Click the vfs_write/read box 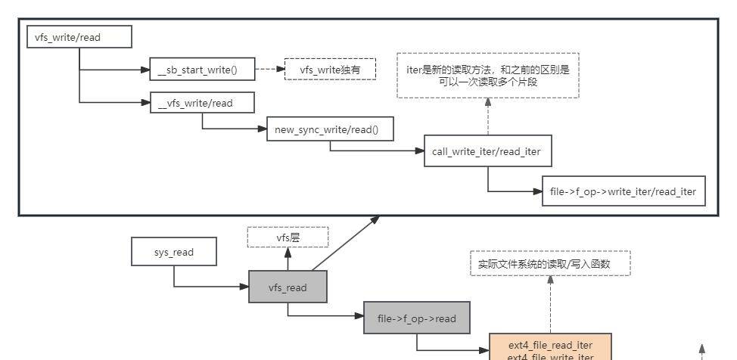click(79, 37)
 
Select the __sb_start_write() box click(201, 70)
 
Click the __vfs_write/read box click(201, 103)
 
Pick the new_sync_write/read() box click(330, 129)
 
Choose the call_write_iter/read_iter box click(487, 151)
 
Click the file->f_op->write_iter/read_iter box click(623, 191)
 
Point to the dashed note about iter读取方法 click(487, 75)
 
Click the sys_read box click(174, 252)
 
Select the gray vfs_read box click(288, 287)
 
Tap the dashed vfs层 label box click(288, 237)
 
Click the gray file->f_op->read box click(416, 318)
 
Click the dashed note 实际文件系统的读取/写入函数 click(550, 264)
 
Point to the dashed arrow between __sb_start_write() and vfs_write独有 click(269, 70)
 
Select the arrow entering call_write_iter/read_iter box click(378, 151)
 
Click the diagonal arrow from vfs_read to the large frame click(344, 244)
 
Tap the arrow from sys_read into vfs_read click(212, 287)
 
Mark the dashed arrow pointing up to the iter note click(487, 117)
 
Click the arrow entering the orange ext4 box click(454, 350)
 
